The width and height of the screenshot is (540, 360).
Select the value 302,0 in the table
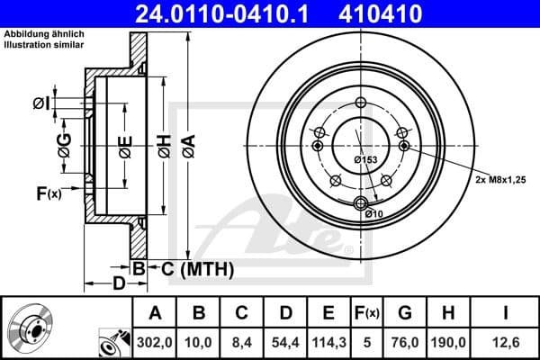tap(155, 341)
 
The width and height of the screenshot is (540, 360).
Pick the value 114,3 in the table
tap(328, 341)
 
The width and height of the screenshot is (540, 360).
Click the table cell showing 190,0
tap(450, 341)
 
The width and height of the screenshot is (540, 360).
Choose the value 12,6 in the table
tap(508, 341)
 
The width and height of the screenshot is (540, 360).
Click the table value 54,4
tap(285, 341)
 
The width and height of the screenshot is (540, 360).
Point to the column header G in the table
tap(406, 313)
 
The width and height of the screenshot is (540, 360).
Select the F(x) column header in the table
tap(366, 313)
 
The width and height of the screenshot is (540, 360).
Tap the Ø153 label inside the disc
tap(365, 159)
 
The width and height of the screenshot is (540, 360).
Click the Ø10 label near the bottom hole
tap(374, 212)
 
